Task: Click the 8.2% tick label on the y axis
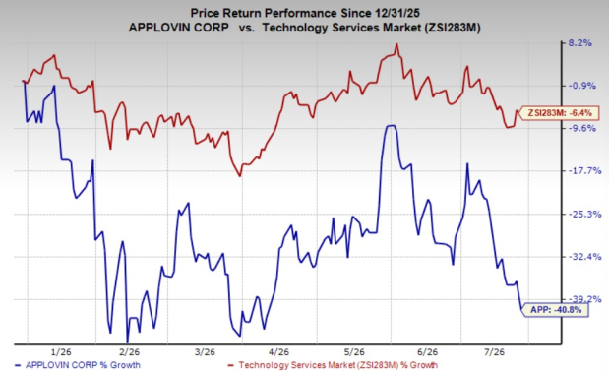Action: pyautogui.click(x=580, y=42)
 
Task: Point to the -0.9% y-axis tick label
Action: pyautogui.click(x=581, y=86)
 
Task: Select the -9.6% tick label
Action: pyautogui.click(x=581, y=128)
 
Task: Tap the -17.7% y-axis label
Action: pyautogui.click(x=584, y=171)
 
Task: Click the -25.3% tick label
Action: pyautogui.click(x=584, y=214)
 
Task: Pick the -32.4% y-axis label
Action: pyautogui.click(x=584, y=257)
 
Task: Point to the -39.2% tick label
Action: pyautogui.click(x=584, y=299)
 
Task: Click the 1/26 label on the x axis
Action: pyautogui.click(x=61, y=352)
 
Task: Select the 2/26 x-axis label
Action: pyautogui.click(x=129, y=352)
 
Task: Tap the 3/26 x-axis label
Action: pyautogui.click(x=205, y=352)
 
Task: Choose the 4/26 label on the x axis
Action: pyautogui.click(x=278, y=352)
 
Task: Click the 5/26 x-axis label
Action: pyautogui.click(x=354, y=352)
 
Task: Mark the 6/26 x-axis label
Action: pyautogui.click(x=427, y=352)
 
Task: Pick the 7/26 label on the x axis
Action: pyautogui.click(x=494, y=352)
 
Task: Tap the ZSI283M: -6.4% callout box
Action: pyautogui.click(x=557, y=113)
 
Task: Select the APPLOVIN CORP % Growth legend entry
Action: pyautogui.click(x=77, y=365)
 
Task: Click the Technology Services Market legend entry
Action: pyautogui.click(x=333, y=365)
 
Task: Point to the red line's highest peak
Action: pyautogui.click(x=396, y=43)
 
